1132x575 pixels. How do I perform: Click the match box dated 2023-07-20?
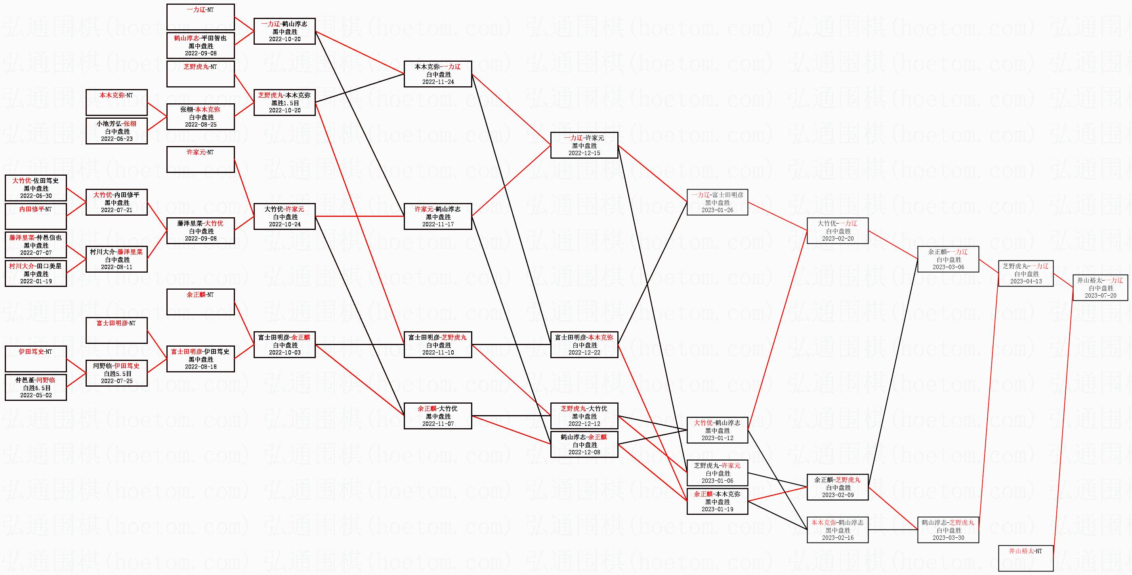[1100, 288]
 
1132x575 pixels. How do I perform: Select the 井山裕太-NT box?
[1026, 558]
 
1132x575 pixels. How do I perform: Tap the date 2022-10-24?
[285, 224]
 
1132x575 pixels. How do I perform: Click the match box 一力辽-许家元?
[584, 145]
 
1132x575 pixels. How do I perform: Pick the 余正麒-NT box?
[200, 302]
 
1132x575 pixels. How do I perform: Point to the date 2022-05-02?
[36, 395]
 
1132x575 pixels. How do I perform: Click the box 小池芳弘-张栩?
[116, 131]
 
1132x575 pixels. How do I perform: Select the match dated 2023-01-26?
[717, 202]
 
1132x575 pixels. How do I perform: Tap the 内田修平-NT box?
[36, 216]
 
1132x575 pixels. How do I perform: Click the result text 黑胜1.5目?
[285, 103]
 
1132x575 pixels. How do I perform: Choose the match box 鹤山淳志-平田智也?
[200, 46]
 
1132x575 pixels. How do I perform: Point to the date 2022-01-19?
[36, 281]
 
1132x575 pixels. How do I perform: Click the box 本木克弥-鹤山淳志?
[837, 530]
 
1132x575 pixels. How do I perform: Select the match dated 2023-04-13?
[1026, 273]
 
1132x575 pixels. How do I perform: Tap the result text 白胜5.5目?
[116, 374]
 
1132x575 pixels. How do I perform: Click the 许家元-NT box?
[200, 160]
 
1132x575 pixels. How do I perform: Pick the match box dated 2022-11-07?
[438, 416]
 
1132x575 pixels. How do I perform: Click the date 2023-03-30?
[948, 538]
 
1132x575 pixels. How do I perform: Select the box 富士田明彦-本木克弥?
[584, 345]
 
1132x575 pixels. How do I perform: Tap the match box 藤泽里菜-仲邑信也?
[36, 245]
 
